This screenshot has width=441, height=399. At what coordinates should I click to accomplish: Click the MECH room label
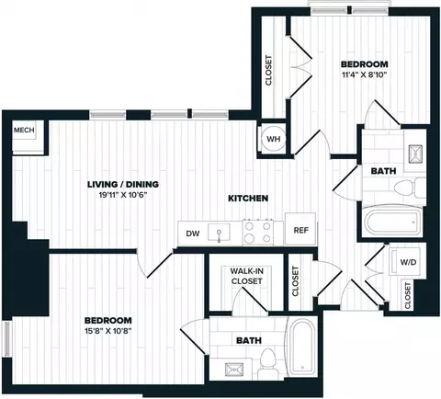click(24, 130)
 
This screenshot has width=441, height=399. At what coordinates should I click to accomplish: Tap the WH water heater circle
click(273, 139)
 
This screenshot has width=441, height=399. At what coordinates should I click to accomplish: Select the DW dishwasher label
click(193, 234)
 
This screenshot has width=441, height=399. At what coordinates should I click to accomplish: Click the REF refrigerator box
click(300, 229)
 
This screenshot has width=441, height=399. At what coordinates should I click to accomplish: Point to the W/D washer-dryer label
click(408, 262)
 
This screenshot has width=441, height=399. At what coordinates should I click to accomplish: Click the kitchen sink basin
click(219, 233)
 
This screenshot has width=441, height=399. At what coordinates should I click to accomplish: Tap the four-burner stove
click(258, 232)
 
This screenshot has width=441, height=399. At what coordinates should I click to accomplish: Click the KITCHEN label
click(248, 199)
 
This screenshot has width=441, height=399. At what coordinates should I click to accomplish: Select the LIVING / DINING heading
click(123, 184)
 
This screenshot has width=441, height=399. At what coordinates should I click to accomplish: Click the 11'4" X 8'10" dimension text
click(365, 74)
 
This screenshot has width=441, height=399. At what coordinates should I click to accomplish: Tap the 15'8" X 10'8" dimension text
click(108, 331)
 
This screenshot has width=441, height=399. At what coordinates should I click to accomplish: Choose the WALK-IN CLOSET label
click(247, 276)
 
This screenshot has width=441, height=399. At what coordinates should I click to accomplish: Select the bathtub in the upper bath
click(392, 222)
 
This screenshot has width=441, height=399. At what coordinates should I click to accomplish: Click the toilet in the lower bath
click(266, 364)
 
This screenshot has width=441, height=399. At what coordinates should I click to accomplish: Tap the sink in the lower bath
click(234, 370)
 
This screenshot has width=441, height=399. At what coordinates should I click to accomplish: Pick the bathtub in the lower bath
click(301, 347)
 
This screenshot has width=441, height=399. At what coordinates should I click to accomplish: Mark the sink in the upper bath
click(415, 154)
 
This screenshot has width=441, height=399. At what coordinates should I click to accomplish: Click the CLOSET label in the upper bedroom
click(268, 70)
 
